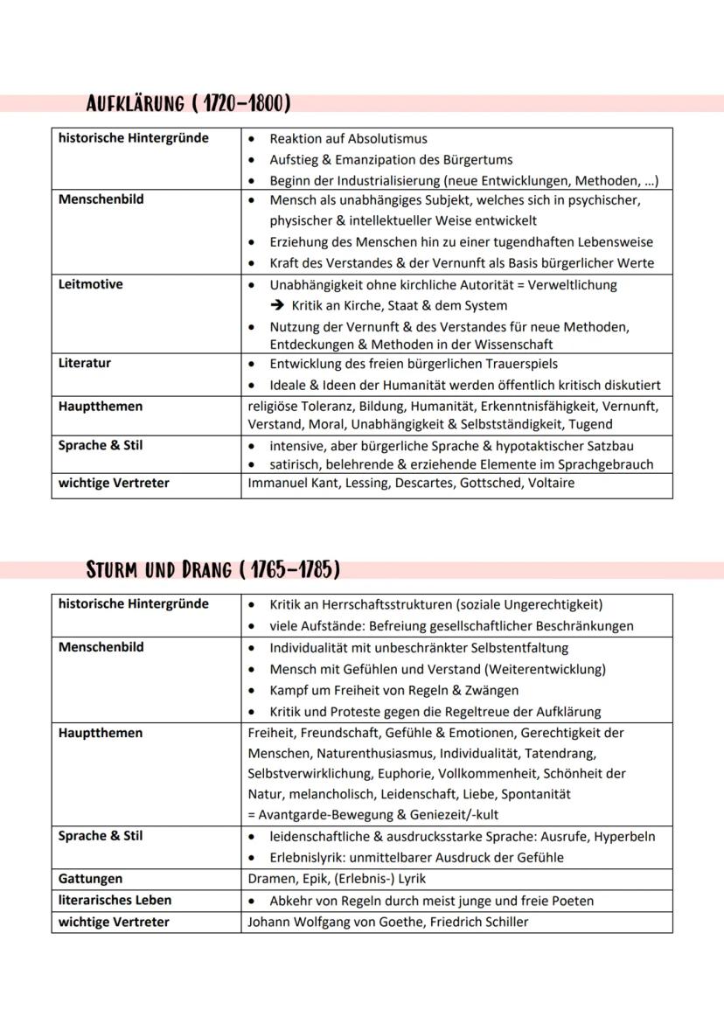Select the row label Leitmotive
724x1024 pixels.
point(91,284)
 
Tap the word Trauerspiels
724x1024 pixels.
point(517,364)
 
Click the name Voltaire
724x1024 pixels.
point(552,483)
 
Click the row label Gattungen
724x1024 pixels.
point(91,879)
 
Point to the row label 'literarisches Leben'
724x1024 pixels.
point(115,900)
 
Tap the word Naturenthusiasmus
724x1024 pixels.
point(367,753)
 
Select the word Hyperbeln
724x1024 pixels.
point(624,836)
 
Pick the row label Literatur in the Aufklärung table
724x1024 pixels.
point(85,363)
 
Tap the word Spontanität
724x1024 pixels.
point(533,794)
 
